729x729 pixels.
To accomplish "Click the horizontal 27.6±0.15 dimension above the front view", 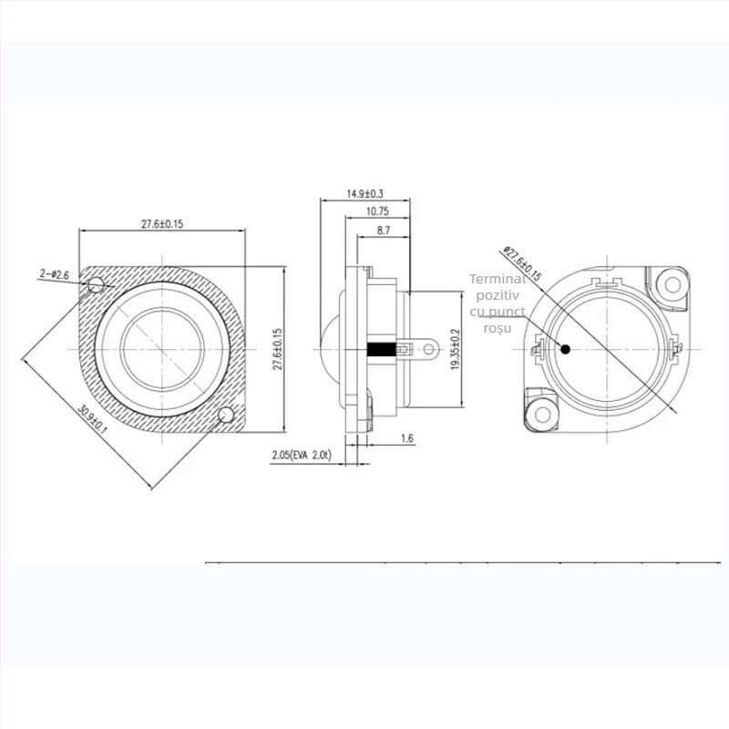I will (162, 223).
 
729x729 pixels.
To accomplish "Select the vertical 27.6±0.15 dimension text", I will (278, 348).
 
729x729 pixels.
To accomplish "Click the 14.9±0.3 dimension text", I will (364, 194).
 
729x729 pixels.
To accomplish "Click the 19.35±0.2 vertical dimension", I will (456, 348).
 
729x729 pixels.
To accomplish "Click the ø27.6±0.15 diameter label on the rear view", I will (522, 262).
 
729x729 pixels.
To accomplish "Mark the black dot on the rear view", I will (566, 348).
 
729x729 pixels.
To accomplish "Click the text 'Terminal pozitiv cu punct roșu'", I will (498, 303).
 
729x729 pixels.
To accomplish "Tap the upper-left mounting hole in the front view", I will (97, 285).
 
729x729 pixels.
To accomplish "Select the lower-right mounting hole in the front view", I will (226, 416).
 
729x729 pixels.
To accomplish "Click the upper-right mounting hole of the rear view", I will (673, 283).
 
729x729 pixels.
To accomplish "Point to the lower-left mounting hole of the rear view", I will (543, 415).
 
